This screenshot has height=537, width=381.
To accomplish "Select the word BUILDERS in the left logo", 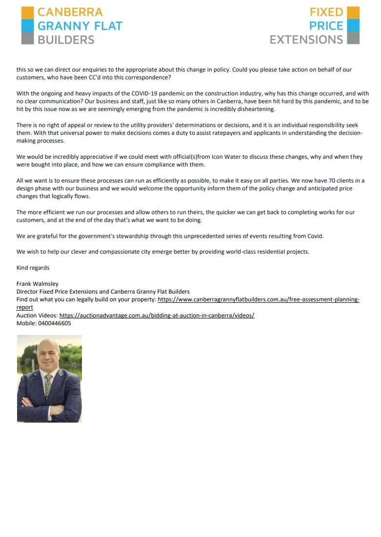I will tap(66, 39).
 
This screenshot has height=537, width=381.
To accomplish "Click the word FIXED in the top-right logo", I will tap(326, 12).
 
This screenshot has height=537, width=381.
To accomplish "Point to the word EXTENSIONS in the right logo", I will tap(306, 39).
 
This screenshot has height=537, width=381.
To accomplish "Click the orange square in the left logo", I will tap(28, 12).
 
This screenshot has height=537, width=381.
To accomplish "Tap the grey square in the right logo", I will tap(353, 38).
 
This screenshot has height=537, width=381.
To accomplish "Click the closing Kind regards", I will tap(33, 268).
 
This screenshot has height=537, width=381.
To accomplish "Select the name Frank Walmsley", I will tap(38, 284).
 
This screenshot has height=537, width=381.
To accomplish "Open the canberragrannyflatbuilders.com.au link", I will tap(259, 299).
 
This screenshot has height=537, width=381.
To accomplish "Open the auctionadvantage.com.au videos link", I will tap(157, 315).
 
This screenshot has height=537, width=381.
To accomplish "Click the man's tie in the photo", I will tap(48, 385).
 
